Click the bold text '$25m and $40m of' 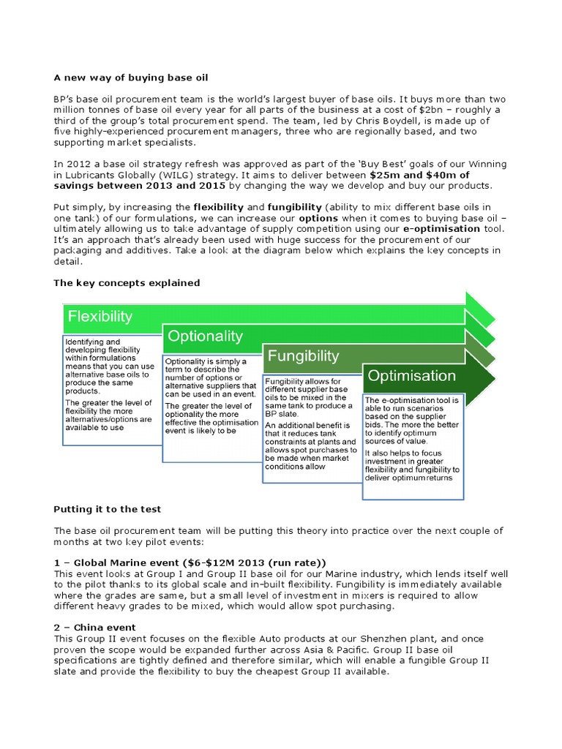click(x=419, y=176)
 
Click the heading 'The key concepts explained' click(x=127, y=283)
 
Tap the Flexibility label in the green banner click(x=100, y=317)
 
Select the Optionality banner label click(x=205, y=336)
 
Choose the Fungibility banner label click(x=303, y=356)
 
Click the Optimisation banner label click(x=411, y=376)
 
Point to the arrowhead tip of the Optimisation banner click(x=495, y=377)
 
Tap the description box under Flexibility click(x=110, y=389)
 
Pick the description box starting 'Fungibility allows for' click(x=311, y=428)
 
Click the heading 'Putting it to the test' click(x=108, y=509)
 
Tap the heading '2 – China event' click(x=95, y=628)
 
